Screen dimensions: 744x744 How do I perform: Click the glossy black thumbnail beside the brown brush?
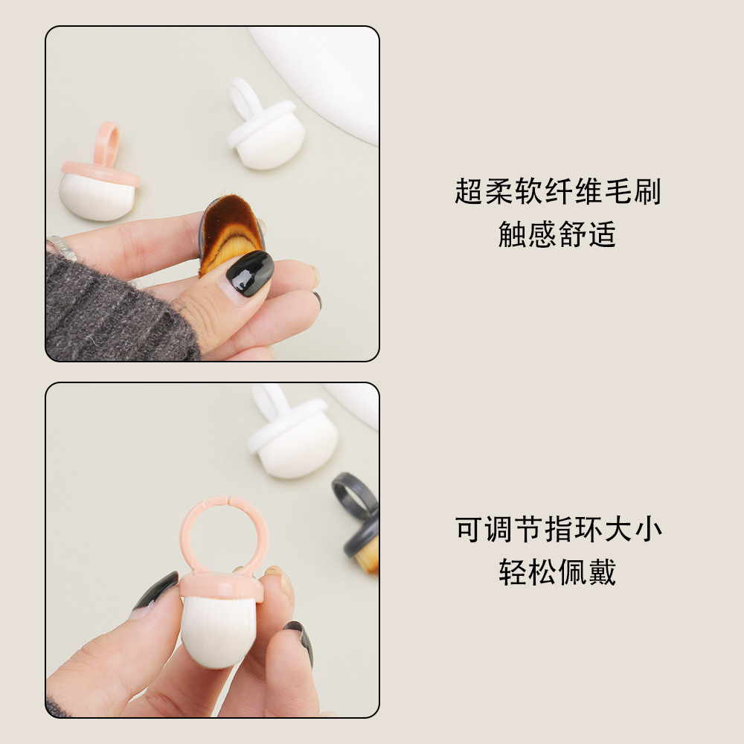pos(250,272)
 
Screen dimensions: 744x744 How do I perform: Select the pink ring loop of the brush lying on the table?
pos(107,144)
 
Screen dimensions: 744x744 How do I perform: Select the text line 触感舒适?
pos(557,234)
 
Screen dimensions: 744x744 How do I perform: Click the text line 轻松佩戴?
pos(557,572)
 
